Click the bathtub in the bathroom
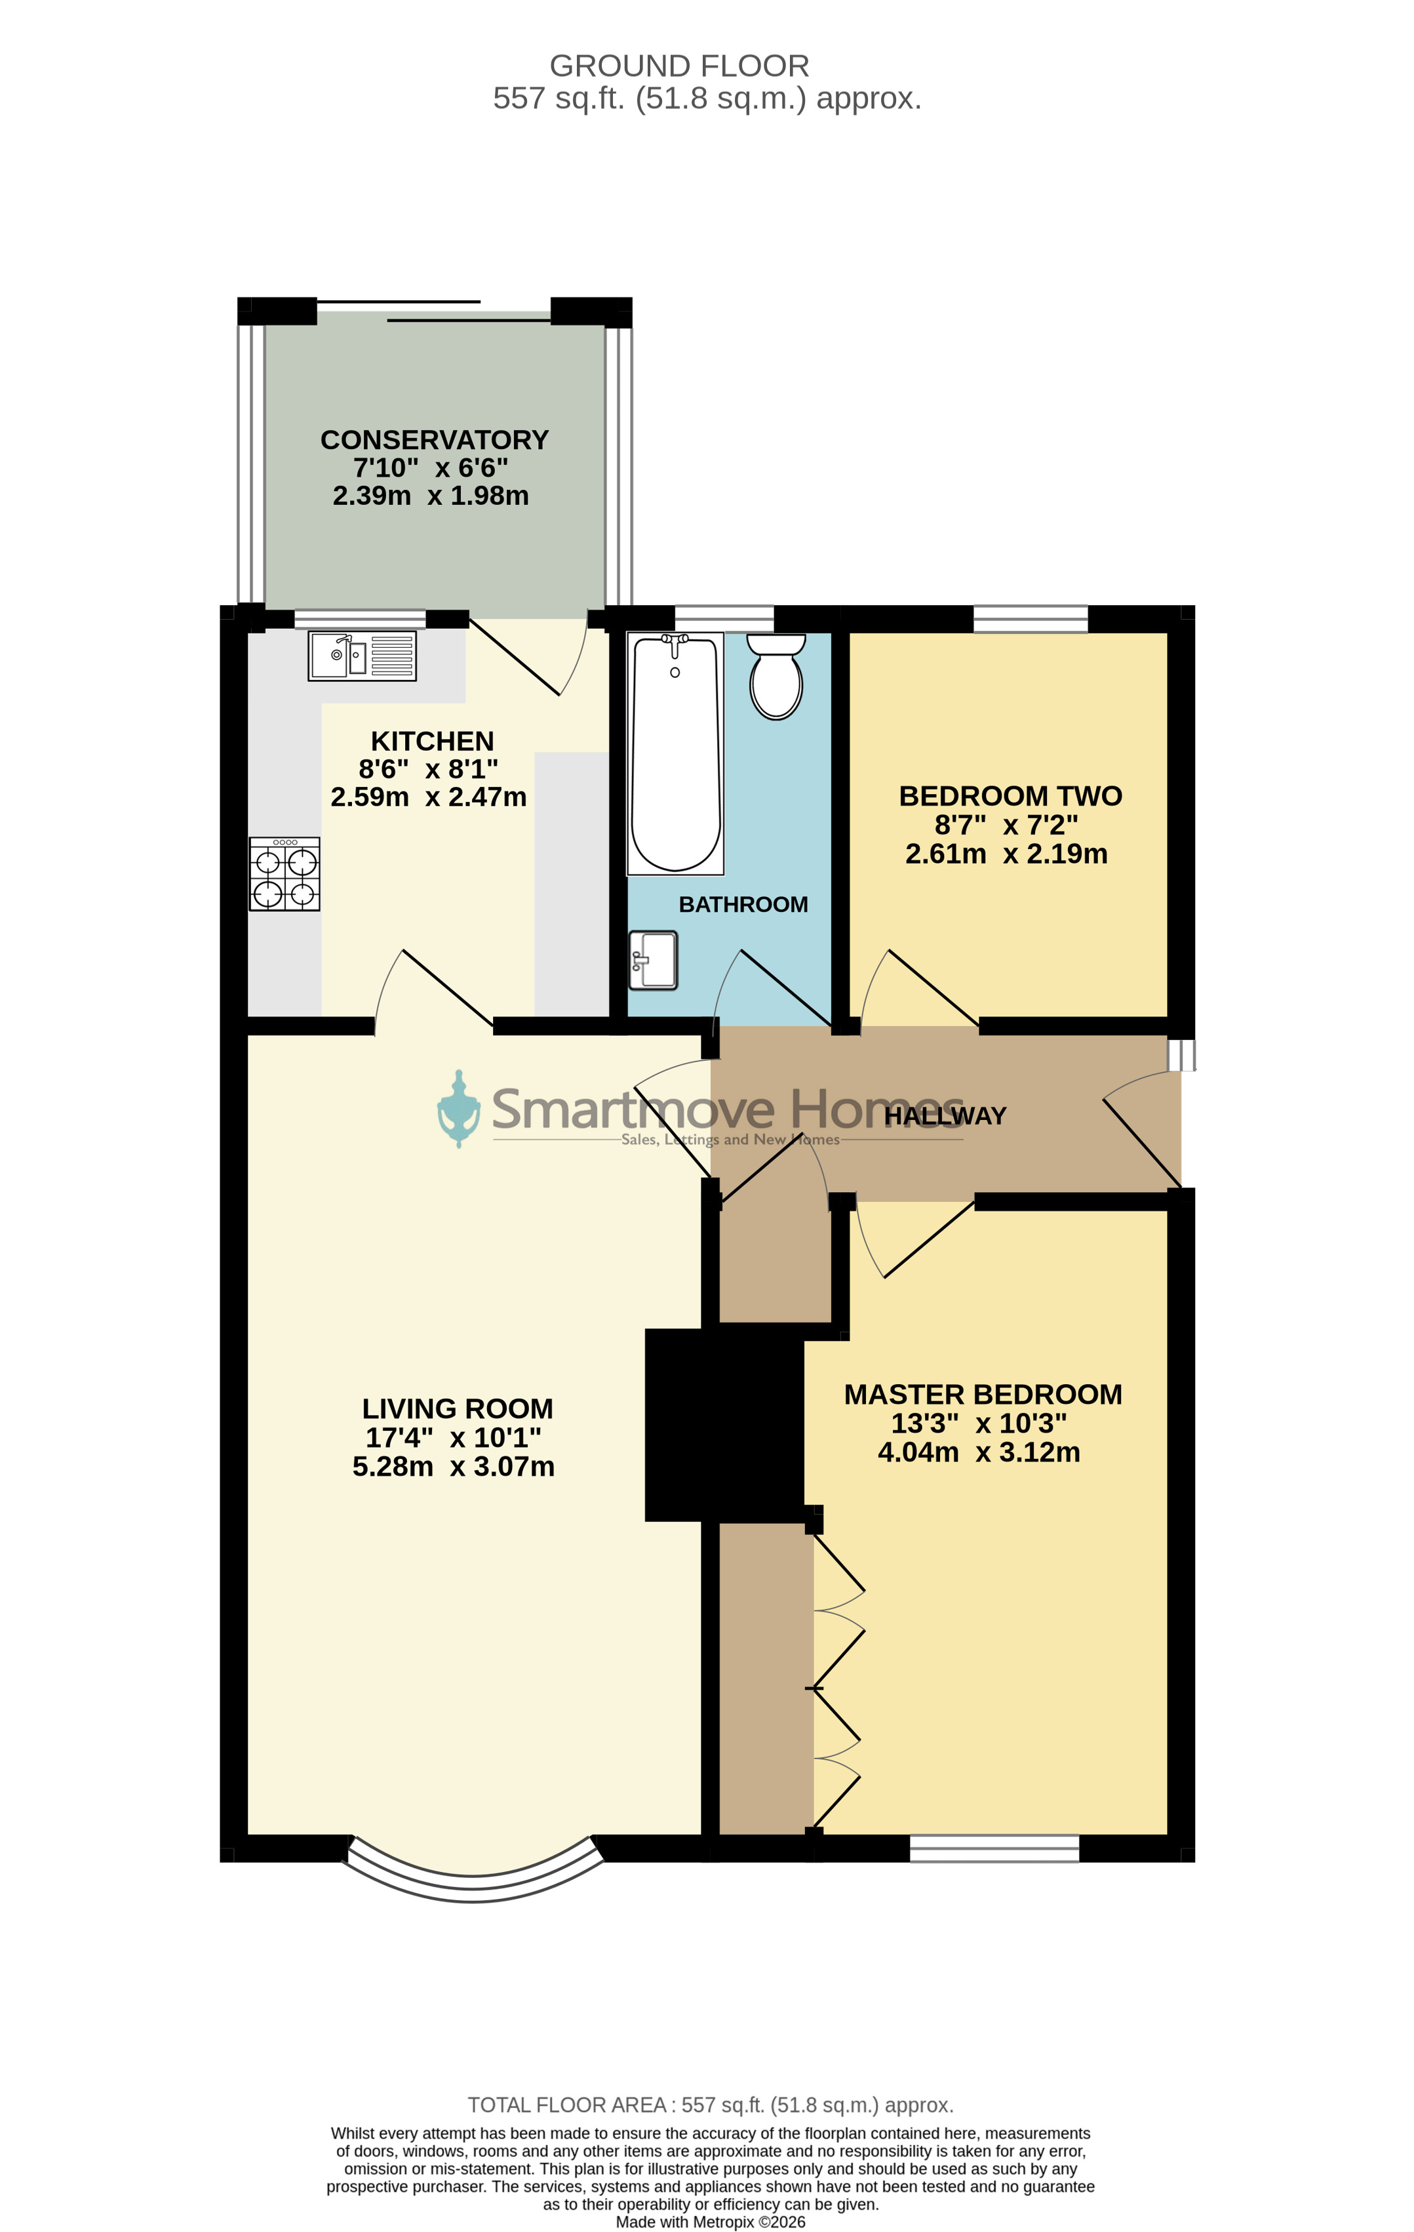click(675, 753)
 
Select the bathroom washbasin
click(654, 961)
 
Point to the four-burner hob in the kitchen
click(285, 874)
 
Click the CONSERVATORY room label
click(435, 439)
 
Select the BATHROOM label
click(743, 905)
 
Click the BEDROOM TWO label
click(1011, 796)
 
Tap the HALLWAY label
click(945, 1116)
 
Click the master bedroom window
click(994, 1848)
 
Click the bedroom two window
click(1031, 618)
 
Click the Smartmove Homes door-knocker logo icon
click(459, 1109)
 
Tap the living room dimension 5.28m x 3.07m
click(454, 1466)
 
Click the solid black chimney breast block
click(724, 1425)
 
